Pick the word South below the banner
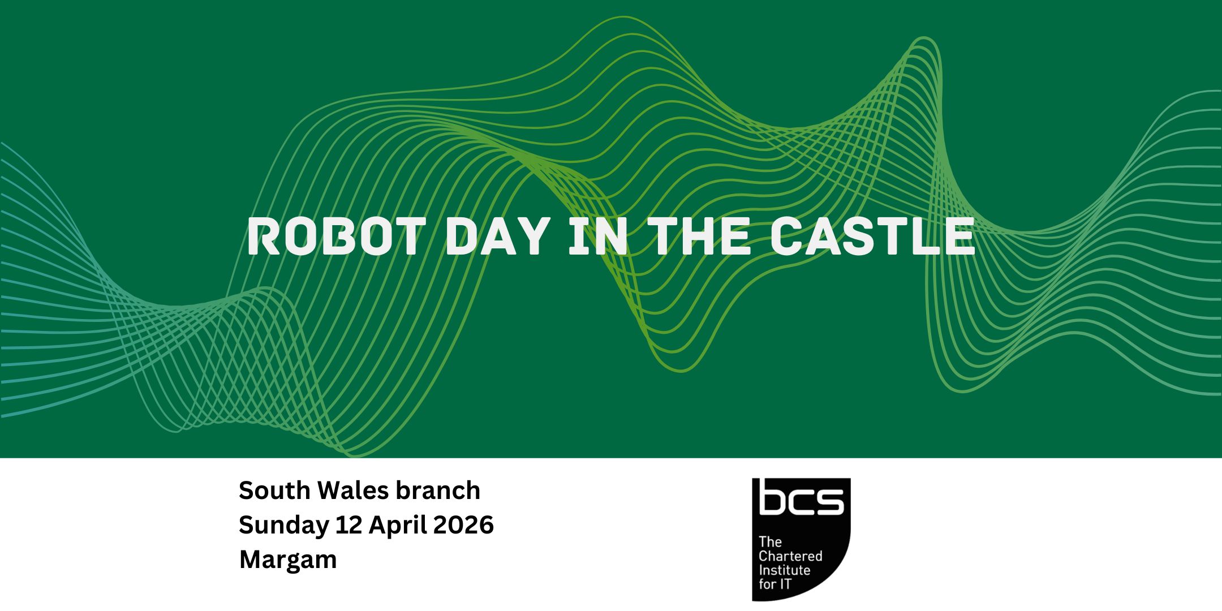tap(275, 490)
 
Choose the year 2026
tap(464, 526)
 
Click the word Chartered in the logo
tap(790, 556)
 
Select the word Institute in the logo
tap(784, 570)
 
